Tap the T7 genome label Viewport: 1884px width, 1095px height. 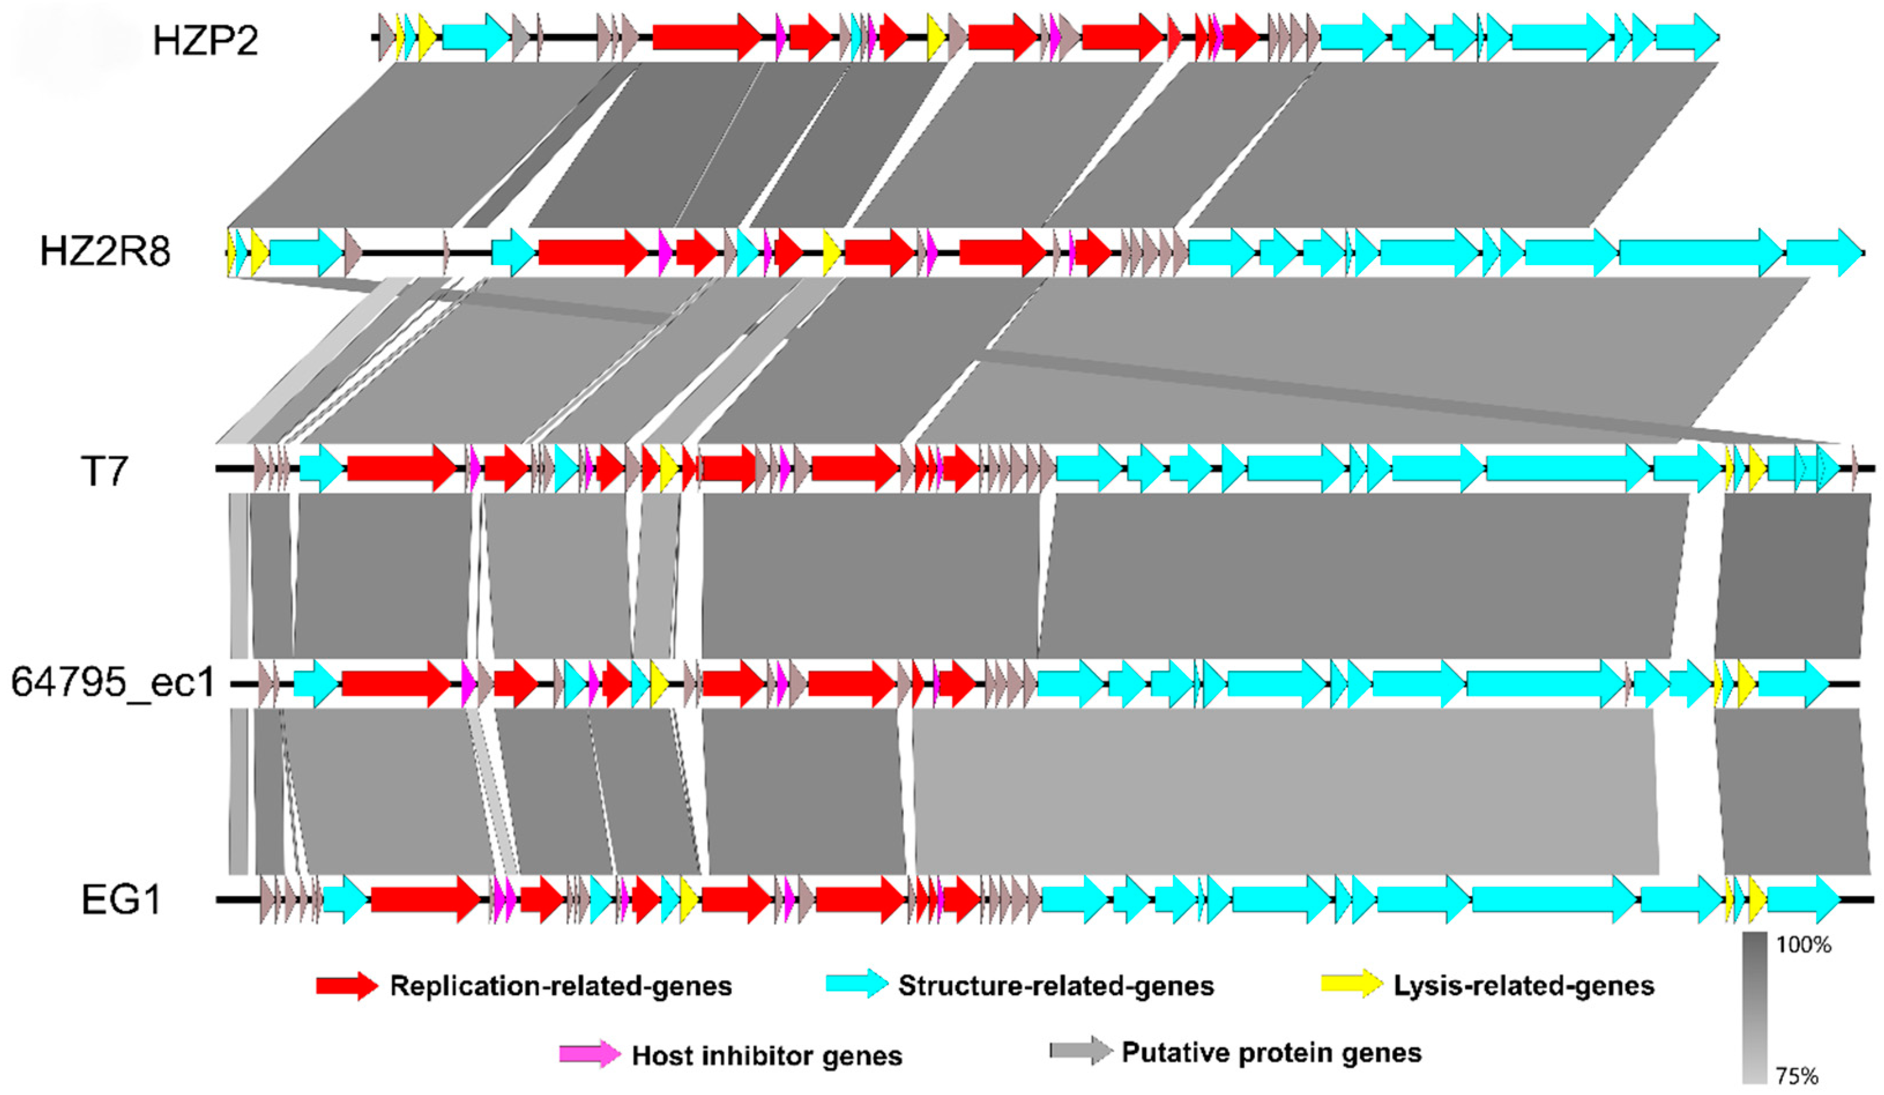pyautogui.click(x=104, y=471)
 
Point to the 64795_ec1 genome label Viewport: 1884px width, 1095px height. pyautogui.click(x=113, y=683)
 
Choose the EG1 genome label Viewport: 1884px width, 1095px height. pyautogui.click(x=121, y=899)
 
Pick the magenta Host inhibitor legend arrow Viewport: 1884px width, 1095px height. pyautogui.click(x=589, y=1054)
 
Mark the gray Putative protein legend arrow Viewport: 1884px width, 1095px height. pyautogui.click(x=1080, y=1051)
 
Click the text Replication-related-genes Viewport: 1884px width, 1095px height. pyautogui.click(x=561, y=986)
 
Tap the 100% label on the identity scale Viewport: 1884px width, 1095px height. pyautogui.click(x=1803, y=945)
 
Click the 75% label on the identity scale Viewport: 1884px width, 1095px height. pyautogui.click(x=1797, y=1077)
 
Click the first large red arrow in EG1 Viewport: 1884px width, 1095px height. pyautogui.click(x=425, y=899)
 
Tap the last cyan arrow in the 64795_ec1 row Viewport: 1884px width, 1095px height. pyautogui.click(x=1793, y=683)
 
